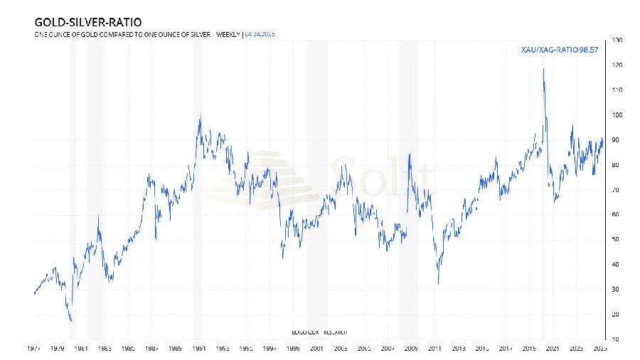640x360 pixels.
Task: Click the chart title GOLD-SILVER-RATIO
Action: (x=82, y=23)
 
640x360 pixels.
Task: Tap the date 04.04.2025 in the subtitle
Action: (x=260, y=33)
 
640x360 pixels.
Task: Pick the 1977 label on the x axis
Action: (x=33, y=349)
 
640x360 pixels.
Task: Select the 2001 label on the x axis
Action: (x=316, y=349)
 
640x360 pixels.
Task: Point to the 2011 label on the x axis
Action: (x=434, y=349)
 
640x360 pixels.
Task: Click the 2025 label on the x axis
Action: (x=599, y=349)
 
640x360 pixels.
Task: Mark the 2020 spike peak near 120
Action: (x=543, y=68)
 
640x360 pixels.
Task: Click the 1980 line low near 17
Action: (x=71, y=321)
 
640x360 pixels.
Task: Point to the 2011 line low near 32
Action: (x=438, y=284)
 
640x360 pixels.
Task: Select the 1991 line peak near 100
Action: (x=200, y=114)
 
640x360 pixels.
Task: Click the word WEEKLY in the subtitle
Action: (x=228, y=33)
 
